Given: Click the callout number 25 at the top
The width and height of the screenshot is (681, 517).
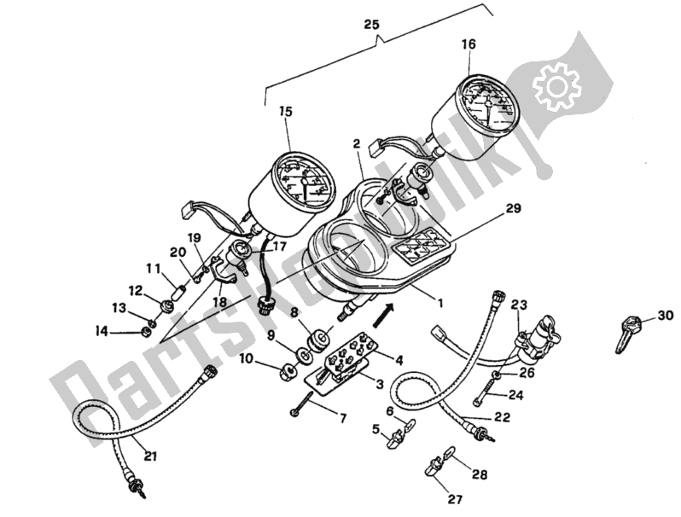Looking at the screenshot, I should [x=372, y=26].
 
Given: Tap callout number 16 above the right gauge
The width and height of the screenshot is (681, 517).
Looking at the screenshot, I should [x=468, y=44].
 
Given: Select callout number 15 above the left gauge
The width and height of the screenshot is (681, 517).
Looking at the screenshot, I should [x=285, y=111].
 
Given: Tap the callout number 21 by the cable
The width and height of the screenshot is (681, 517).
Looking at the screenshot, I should [x=150, y=455].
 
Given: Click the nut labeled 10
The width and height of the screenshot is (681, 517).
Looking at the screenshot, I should [x=288, y=369].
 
